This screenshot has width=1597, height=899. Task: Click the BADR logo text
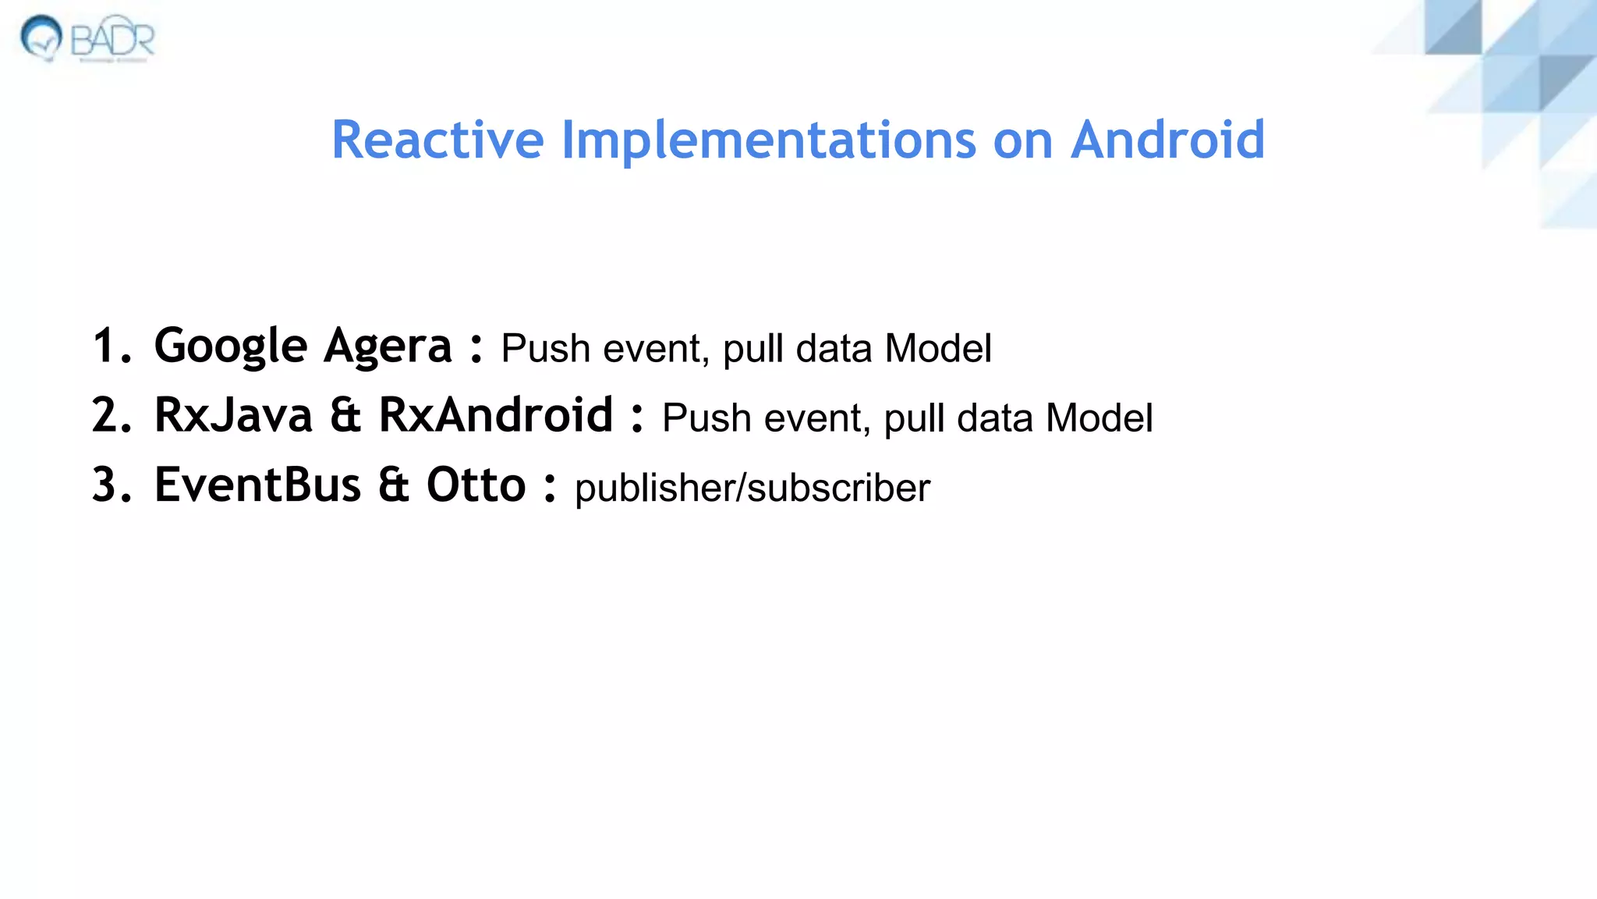pyautogui.click(x=113, y=39)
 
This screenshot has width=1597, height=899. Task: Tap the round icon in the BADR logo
pyautogui.click(x=41, y=37)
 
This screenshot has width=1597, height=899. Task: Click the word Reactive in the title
pyautogui.click(x=437, y=140)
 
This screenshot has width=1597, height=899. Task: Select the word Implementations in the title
pyautogui.click(x=768, y=140)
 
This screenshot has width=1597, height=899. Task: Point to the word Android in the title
pyautogui.click(x=1167, y=140)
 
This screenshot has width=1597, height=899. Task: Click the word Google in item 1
pyautogui.click(x=231, y=346)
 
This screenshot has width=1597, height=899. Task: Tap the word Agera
pyautogui.click(x=388, y=346)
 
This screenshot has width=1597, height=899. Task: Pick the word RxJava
pyautogui.click(x=233, y=415)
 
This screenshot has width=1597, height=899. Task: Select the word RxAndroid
pyautogui.click(x=496, y=415)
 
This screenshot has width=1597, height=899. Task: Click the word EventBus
pyautogui.click(x=257, y=485)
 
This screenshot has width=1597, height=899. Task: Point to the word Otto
pyautogui.click(x=476, y=485)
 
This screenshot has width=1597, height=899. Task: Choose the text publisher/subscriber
pyautogui.click(x=752, y=489)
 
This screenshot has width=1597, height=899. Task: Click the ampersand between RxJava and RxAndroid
pyautogui.click(x=345, y=415)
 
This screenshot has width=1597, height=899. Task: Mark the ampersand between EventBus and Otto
pyautogui.click(x=394, y=485)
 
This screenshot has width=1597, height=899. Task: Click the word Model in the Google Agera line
pyautogui.click(x=938, y=348)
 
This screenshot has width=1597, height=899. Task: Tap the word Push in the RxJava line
pyautogui.click(x=706, y=418)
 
